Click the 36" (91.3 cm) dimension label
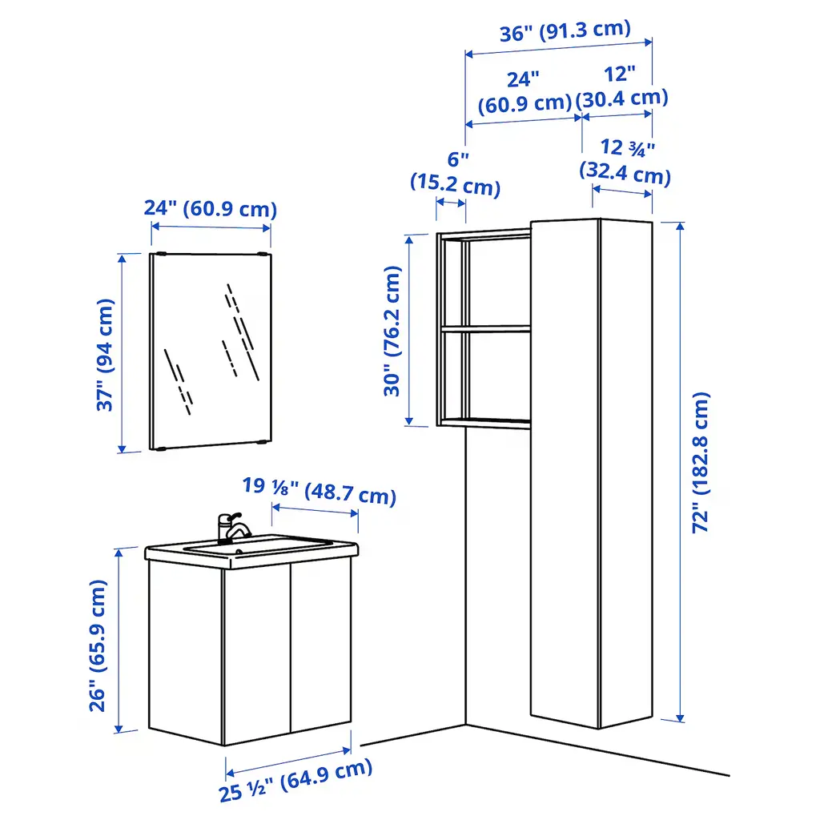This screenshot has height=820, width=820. tap(565, 31)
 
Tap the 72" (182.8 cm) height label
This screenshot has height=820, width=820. tap(701, 462)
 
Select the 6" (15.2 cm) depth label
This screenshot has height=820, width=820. tap(456, 173)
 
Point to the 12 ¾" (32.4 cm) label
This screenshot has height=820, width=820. tap(625, 161)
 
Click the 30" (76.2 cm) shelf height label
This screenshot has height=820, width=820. tap(392, 331)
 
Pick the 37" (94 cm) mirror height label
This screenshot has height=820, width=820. tap(105, 355)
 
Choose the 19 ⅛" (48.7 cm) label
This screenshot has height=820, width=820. tap(319, 491)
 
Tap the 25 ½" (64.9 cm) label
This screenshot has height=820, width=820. tap(296, 780)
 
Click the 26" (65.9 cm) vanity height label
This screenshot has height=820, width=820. tap(98, 645)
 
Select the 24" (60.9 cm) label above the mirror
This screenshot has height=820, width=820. tap(211, 209)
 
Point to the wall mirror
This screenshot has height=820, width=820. tap(211, 351)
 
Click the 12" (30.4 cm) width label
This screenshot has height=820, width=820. tap(621, 86)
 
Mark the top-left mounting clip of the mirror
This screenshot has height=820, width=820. tap(160, 254)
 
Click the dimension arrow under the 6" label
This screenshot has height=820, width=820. tap(451, 203)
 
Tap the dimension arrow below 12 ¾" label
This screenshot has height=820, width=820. tap(621, 191)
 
